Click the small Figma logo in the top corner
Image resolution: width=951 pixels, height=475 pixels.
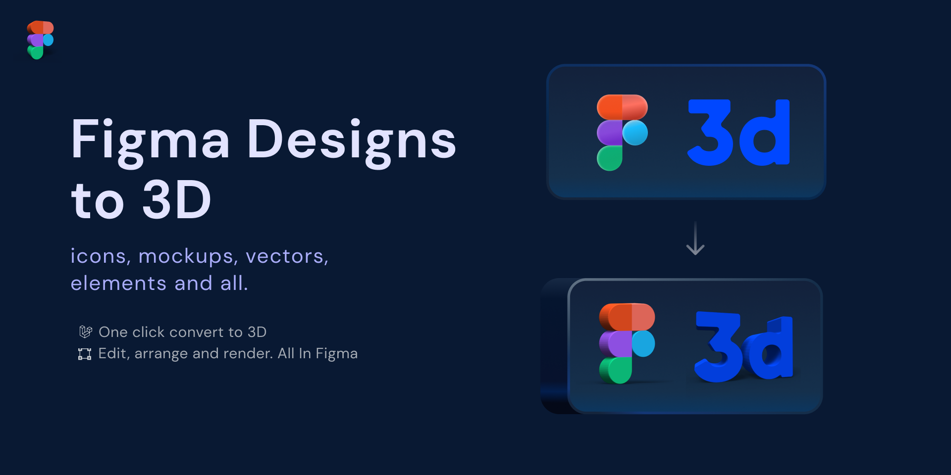click(x=40, y=40)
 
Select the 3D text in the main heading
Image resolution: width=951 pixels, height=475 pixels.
click(x=177, y=199)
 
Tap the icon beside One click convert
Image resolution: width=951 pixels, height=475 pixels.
click(x=85, y=332)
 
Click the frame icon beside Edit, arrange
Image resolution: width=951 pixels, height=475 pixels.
click(x=85, y=354)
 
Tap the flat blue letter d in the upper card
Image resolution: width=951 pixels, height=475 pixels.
click(x=764, y=132)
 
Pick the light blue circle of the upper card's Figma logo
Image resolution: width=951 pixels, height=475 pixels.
click(x=635, y=133)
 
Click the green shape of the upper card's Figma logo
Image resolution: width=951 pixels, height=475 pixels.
click(x=610, y=158)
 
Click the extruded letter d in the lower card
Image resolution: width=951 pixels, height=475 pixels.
click(x=770, y=349)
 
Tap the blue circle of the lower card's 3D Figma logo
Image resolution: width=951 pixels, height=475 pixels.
click(x=643, y=343)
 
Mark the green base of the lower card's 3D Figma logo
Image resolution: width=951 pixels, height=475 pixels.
click(x=616, y=370)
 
